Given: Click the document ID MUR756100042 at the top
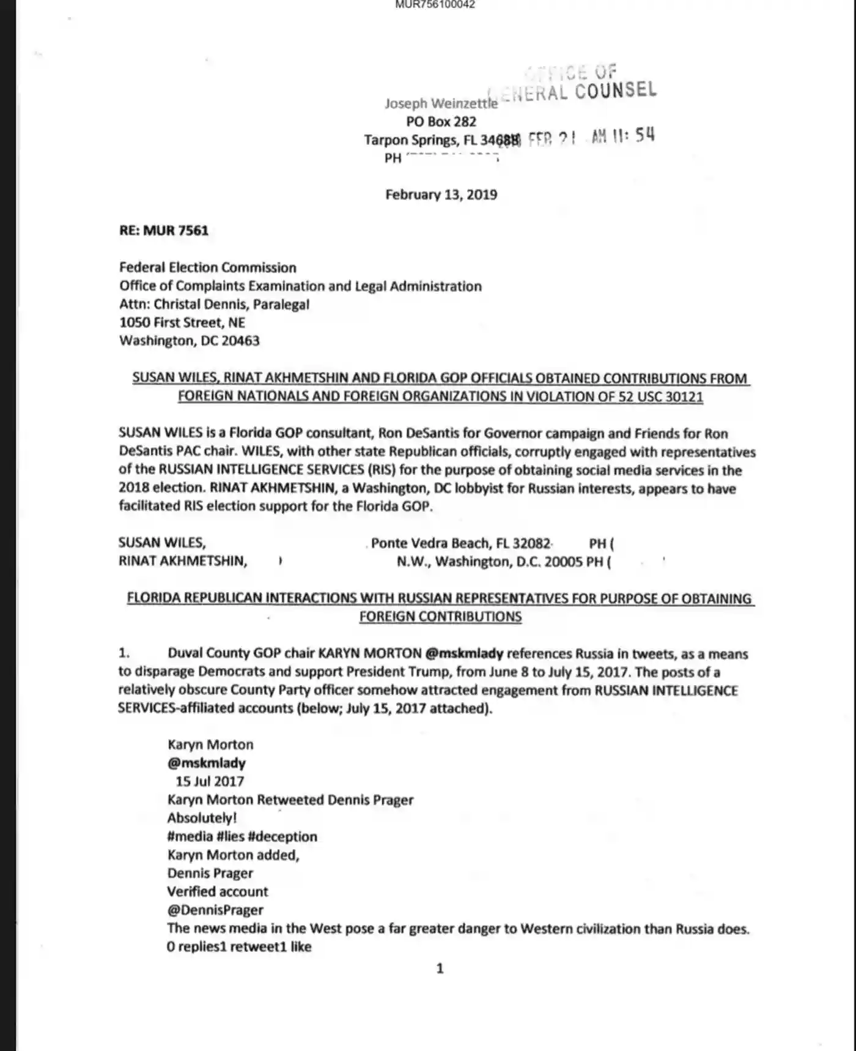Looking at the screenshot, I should pos(435,5).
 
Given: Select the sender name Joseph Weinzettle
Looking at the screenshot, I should pos(441,103).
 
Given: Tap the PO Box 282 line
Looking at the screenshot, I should pos(441,122).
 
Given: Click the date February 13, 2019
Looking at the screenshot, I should pos(441,195).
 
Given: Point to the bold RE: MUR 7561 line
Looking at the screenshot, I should pos(164,231).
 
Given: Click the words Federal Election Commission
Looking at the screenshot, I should pos(207,267).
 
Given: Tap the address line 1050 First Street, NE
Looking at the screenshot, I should pos(182,322).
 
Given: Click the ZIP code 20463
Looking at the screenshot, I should pos(240,341).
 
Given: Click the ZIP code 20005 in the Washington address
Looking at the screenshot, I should pos(563,562).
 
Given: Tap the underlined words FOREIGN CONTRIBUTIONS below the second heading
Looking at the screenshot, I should pos(440,617).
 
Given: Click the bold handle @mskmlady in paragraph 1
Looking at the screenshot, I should pos(464,653).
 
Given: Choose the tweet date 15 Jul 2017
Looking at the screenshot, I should pos(210,781).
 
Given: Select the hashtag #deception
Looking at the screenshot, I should pos(282,836).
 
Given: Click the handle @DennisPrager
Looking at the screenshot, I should pos(215,910).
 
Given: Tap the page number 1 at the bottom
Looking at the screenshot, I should pos(440,968).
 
